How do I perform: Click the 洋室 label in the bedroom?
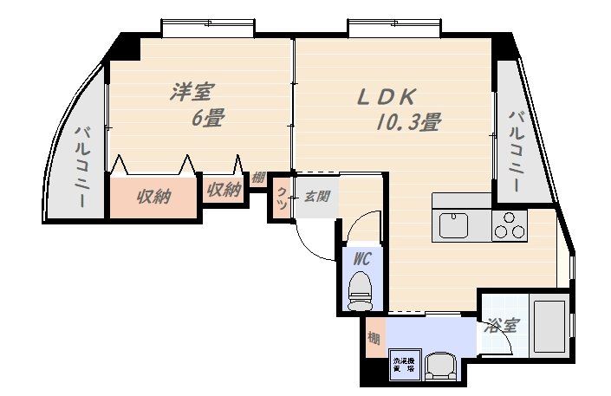click(192, 91)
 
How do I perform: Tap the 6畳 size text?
click(207, 119)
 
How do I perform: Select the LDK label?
click(389, 96)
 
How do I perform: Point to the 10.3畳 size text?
click(407, 123)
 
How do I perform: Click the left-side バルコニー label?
click(83, 166)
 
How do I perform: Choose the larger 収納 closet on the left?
click(153, 198)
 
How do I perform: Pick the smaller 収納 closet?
click(224, 191)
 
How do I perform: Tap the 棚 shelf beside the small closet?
click(258, 179)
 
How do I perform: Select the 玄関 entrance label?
click(315, 196)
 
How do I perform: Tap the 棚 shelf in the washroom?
click(373, 338)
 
